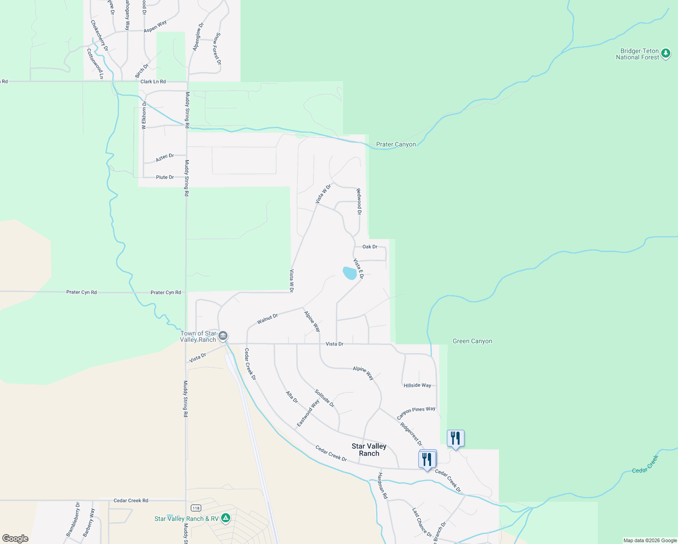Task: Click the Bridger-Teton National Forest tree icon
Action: pyautogui.click(x=665, y=53)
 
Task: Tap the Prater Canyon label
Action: pyautogui.click(x=396, y=145)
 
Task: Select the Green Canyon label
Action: pyautogui.click(x=472, y=341)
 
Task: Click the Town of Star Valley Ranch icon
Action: pyautogui.click(x=223, y=336)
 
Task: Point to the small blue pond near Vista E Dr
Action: pyautogui.click(x=349, y=273)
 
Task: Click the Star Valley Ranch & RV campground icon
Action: pyautogui.click(x=226, y=518)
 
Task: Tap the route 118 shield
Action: pyautogui.click(x=195, y=507)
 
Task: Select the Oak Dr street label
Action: pyautogui.click(x=370, y=247)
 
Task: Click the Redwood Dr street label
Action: pyautogui.click(x=359, y=201)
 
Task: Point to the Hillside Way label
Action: pyautogui.click(x=417, y=385)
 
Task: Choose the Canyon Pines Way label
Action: pyautogui.click(x=416, y=413)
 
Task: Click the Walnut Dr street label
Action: pyautogui.click(x=267, y=319)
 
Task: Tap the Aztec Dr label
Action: pyautogui.click(x=165, y=158)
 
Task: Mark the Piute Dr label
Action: pyautogui.click(x=165, y=177)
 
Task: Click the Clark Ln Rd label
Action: pyautogui.click(x=153, y=82)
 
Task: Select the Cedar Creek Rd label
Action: pyautogui.click(x=131, y=500)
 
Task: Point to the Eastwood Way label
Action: pyautogui.click(x=308, y=413)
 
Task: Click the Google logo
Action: pyautogui.click(x=15, y=539)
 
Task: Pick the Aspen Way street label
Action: pyautogui.click(x=155, y=26)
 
